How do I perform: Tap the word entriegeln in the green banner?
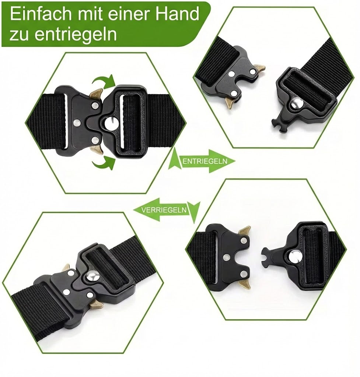(x=75, y=34)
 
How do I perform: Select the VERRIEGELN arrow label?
(x=164, y=210)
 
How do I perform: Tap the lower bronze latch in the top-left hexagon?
(x=97, y=150)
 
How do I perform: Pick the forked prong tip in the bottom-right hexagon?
(x=266, y=255)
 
